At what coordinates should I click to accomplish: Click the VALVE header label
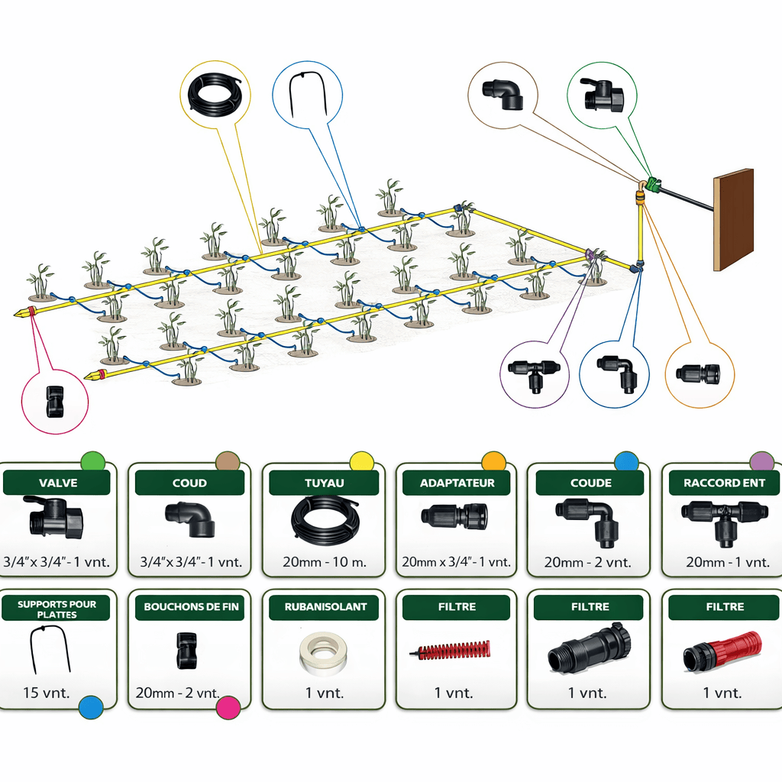click(x=57, y=483)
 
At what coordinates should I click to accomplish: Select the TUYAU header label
click(x=325, y=483)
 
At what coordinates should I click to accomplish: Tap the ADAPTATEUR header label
click(x=457, y=483)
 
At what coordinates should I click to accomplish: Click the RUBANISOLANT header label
click(x=325, y=607)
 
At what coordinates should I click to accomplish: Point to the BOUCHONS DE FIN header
click(x=192, y=607)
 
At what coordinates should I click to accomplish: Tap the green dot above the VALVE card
click(x=92, y=461)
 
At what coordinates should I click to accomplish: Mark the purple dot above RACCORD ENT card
click(x=761, y=461)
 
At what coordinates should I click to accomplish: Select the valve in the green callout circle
click(x=603, y=95)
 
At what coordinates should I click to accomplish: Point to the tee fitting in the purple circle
click(x=535, y=372)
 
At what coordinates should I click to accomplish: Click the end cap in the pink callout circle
click(x=55, y=401)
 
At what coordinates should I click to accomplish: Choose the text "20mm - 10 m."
click(x=325, y=562)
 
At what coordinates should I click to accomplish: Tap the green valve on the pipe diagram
click(x=653, y=184)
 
